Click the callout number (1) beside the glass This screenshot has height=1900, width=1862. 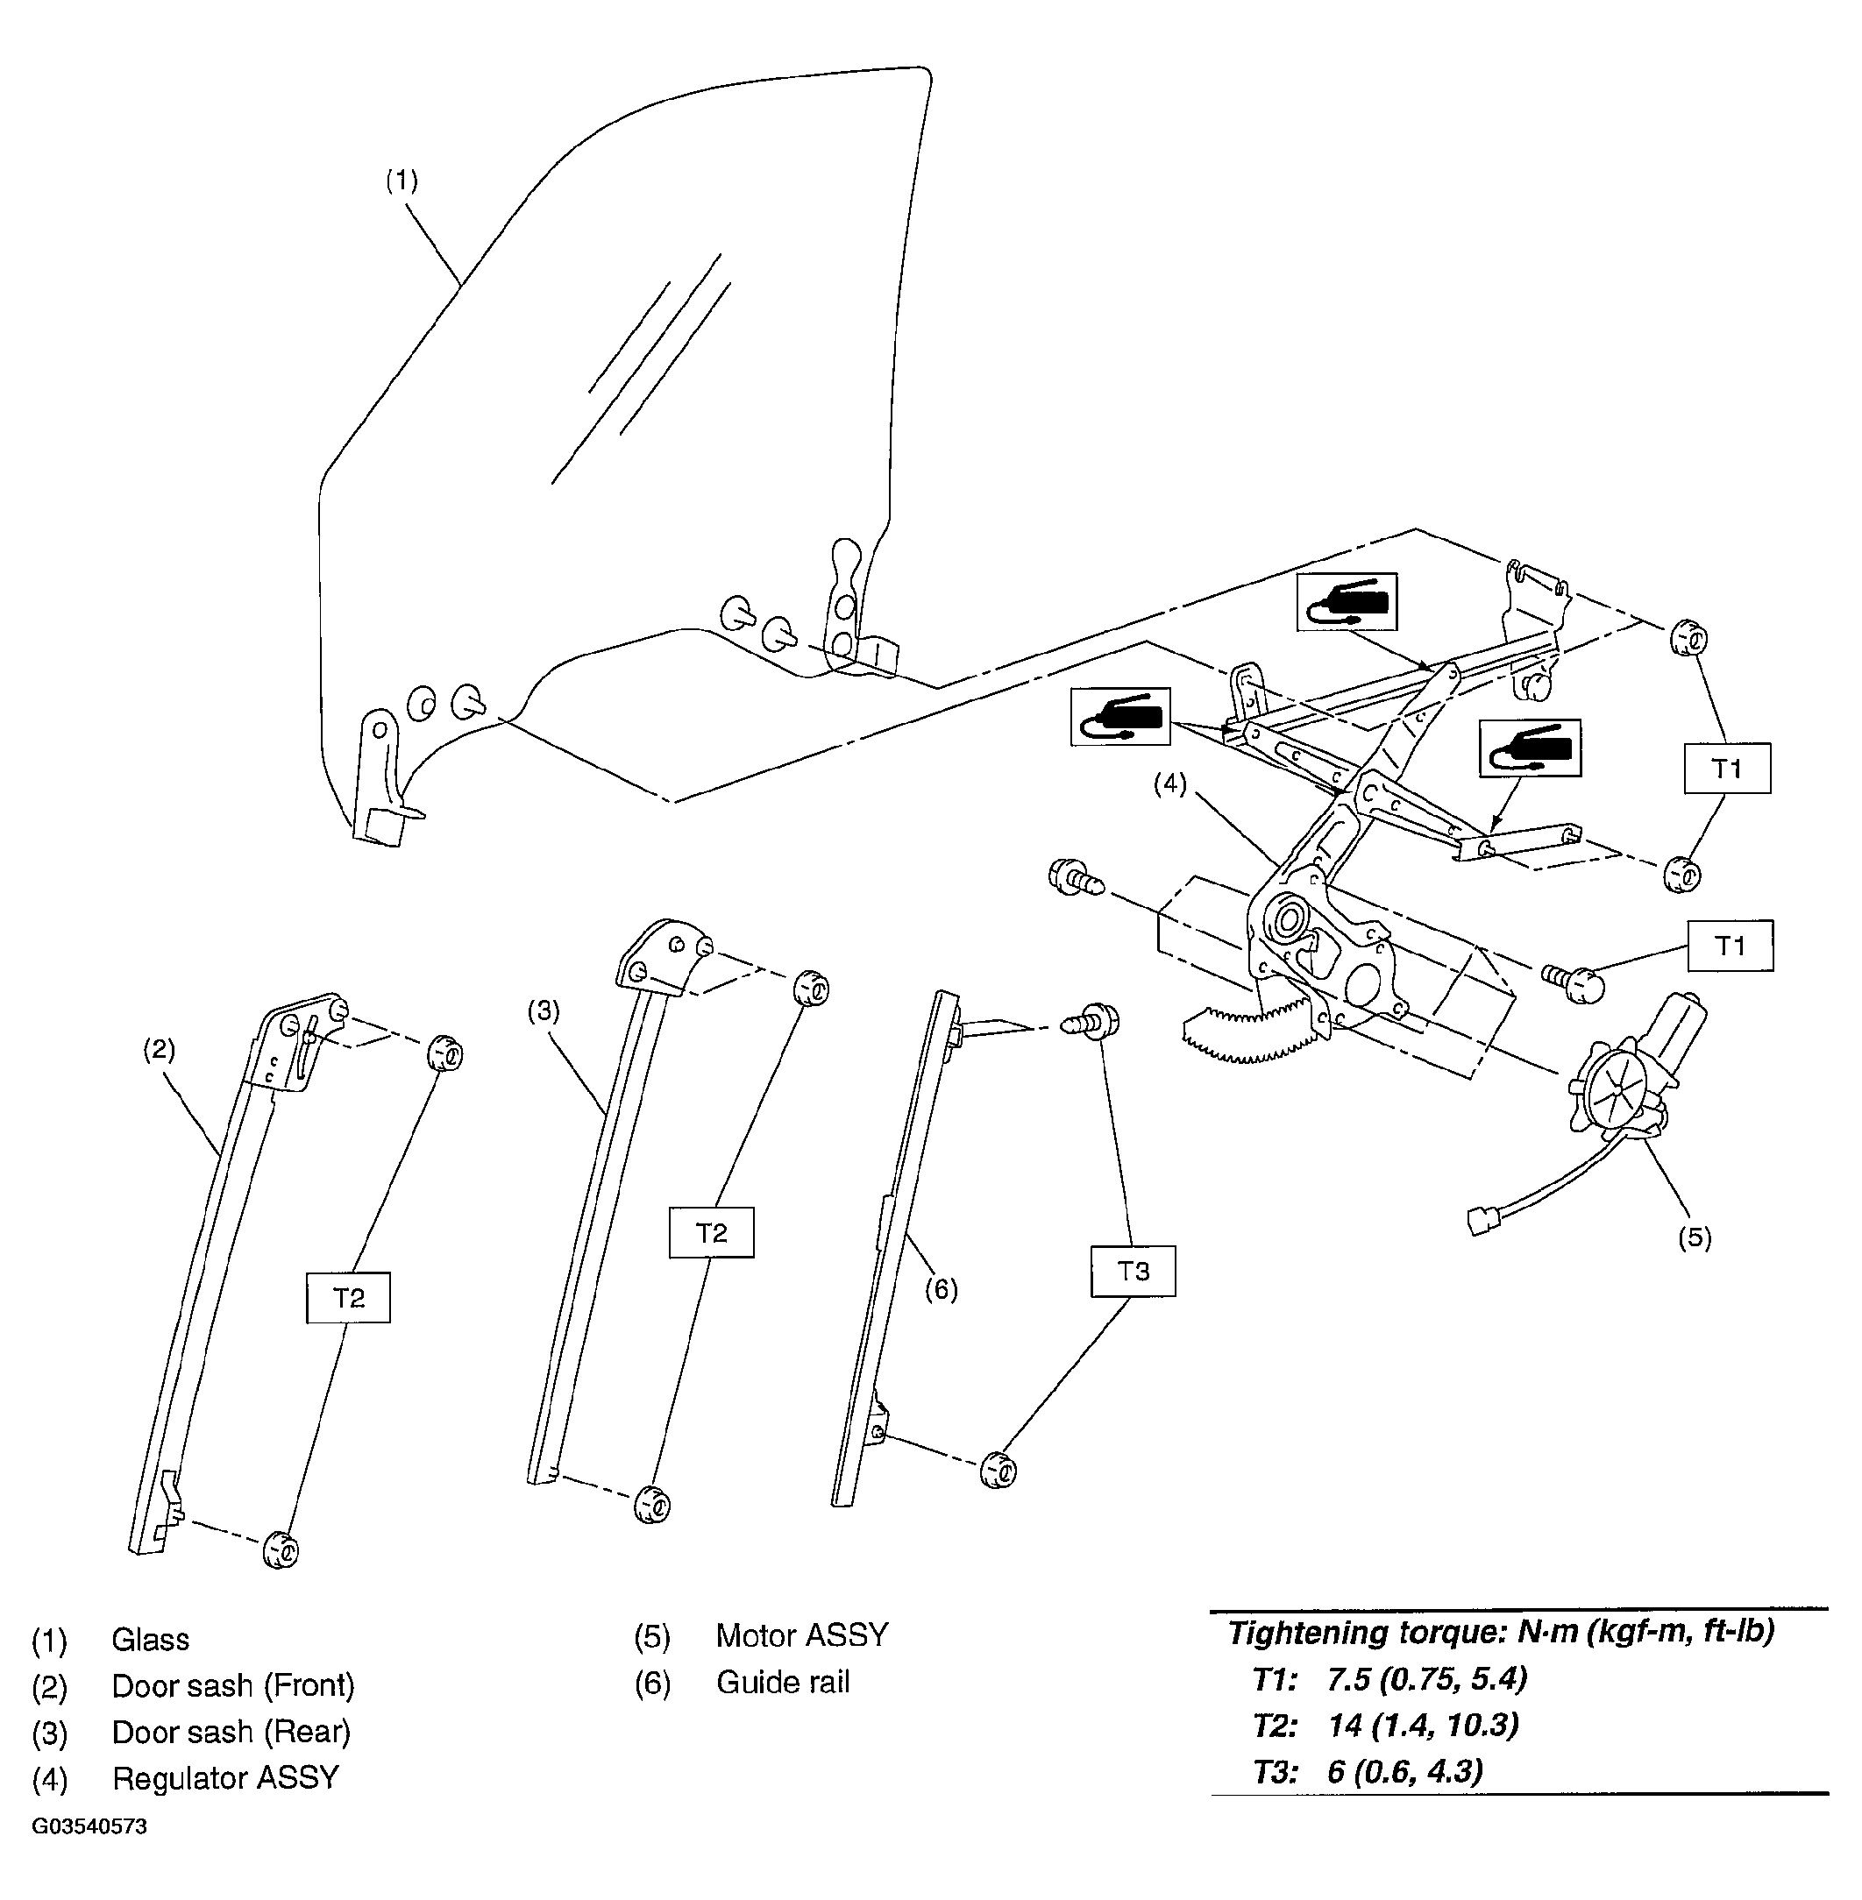coord(401,181)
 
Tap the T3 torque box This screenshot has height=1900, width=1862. coord(1133,1272)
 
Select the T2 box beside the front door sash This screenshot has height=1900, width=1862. coord(348,1298)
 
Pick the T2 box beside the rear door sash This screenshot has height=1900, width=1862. coord(711,1232)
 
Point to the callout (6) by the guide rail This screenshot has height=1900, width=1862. coord(941,1290)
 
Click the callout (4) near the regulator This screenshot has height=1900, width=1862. coord(1169,783)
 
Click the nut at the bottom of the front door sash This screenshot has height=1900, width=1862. coord(281,1549)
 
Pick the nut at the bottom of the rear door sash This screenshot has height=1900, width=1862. coord(652,1504)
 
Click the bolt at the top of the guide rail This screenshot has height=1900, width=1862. coord(1091,1023)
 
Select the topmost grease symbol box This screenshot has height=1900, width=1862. coord(1347,601)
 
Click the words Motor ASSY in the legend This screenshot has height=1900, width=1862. coord(802,1635)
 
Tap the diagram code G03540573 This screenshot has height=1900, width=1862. coord(89,1826)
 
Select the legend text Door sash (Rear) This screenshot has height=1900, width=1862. coord(231,1732)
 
